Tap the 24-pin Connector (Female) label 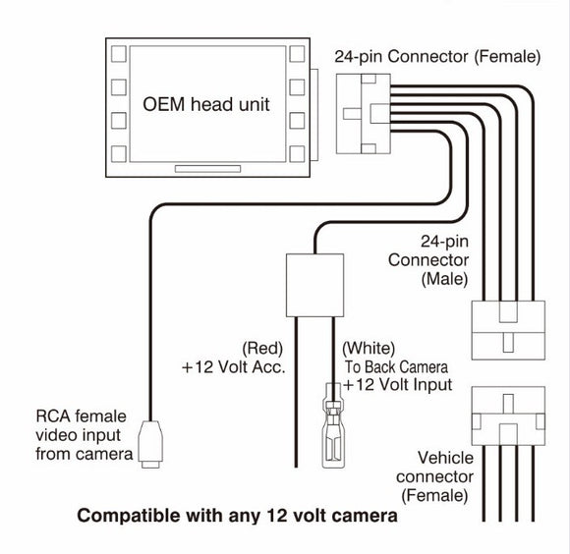437,57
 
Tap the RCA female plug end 149,446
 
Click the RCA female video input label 84,435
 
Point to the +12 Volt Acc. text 232,367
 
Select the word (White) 368,349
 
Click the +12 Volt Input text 397,384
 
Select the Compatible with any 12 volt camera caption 238,515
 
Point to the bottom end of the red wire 297,467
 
